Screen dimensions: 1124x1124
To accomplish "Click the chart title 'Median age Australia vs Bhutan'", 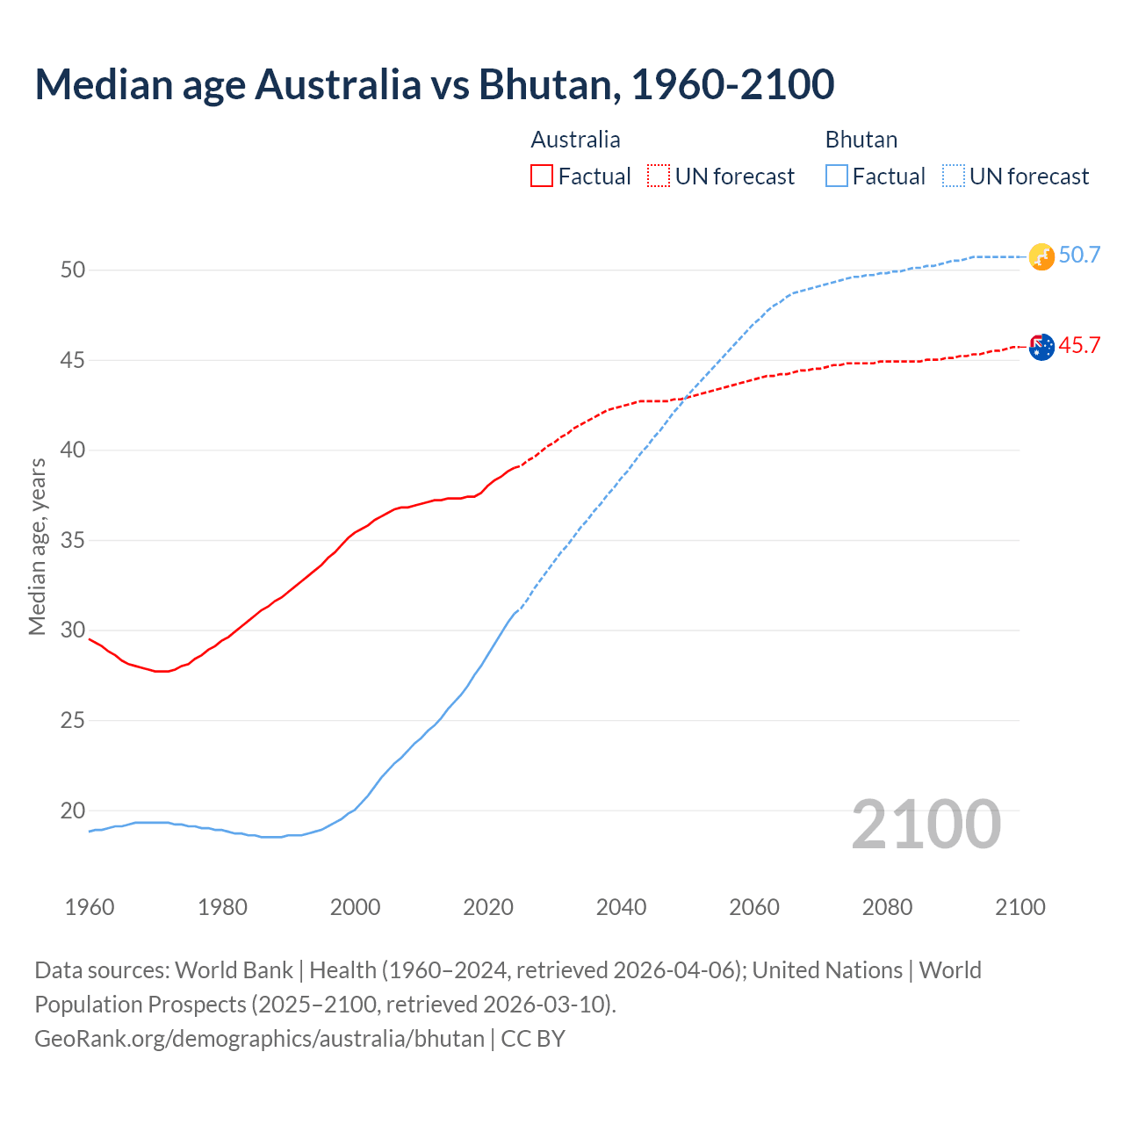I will click(x=434, y=84).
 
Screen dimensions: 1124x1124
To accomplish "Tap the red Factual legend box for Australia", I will click(x=542, y=176).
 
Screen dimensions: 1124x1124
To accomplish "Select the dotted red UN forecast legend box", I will click(x=659, y=176).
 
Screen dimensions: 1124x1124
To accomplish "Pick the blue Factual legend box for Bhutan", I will click(x=837, y=176).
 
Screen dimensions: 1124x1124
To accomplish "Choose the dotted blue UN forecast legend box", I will click(x=954, y=176).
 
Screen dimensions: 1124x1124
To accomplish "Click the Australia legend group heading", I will click(x=575, y=140).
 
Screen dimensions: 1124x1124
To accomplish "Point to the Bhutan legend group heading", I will click(x=861, y=140).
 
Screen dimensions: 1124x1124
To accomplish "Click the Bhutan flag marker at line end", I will click(x=1041, y=256).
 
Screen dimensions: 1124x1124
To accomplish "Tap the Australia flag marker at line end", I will click(x=1041, y=347).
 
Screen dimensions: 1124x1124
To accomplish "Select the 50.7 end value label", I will click(x=1079, y=255).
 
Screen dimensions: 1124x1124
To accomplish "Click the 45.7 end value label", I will click(x=1079, y=345).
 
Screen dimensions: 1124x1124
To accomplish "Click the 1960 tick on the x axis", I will click(x=90, y=906).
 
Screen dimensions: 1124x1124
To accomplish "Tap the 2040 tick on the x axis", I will click(x=621, y=906).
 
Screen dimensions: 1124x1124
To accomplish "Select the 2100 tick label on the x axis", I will click(x=1020, y=906).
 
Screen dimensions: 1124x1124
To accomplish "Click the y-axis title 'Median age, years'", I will click(x=37, y=546).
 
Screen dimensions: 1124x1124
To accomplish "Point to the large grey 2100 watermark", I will click(x=926, y=824).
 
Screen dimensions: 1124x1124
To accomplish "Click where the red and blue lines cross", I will click(x=681, y=400).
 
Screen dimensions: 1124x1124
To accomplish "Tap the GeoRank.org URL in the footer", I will click(x=259, y=1038).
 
